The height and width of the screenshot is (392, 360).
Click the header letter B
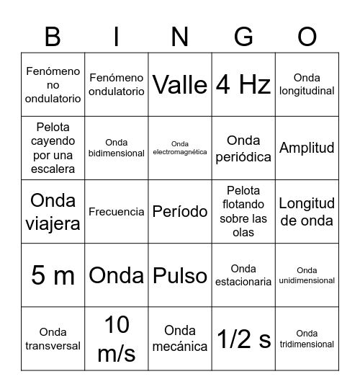coord(53,36)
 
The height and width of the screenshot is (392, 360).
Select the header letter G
coord(243,36)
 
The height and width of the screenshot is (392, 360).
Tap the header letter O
coord(307,36)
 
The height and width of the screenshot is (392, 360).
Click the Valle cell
coord(180,85)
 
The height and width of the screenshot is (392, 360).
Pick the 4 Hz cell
coord(243,85)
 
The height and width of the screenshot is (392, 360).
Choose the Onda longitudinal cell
coord(307,85)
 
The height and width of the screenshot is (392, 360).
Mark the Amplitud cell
coord(307,148)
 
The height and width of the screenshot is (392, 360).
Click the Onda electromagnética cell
coord(180,148)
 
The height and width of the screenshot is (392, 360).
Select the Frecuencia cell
coord(117,212)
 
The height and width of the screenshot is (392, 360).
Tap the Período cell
coord(180,212)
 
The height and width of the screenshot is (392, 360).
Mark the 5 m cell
coord(53,275)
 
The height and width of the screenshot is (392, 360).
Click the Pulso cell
coord(180,275)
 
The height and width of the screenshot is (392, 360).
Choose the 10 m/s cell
coord(117,339)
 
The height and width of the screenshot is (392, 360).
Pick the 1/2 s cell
coord(243,339)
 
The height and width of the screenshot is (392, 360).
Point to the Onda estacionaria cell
coord(243,275)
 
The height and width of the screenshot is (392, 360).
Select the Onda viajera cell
coord(53,212)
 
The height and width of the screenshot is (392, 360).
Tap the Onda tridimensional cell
coord(307,339)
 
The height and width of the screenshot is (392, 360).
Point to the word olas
coord(243,233)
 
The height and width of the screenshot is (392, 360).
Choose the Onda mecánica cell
coord(180,339)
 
